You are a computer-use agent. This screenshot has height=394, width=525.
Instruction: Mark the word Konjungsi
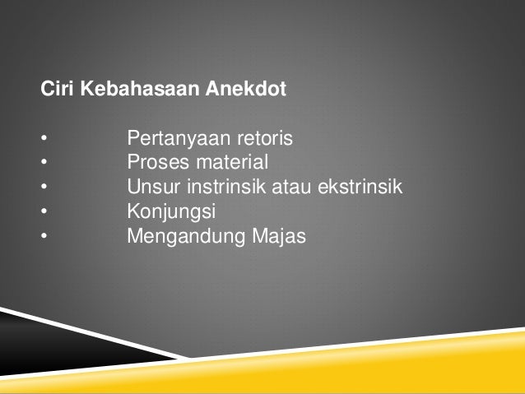tap(169, 212)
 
